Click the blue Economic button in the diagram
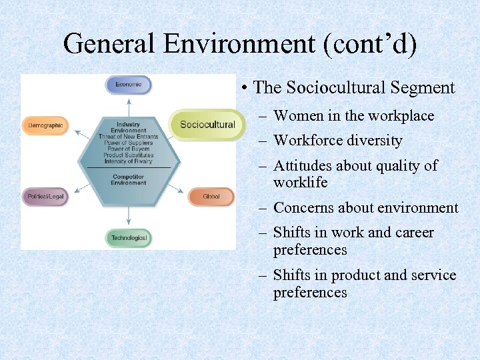click(x=129, y=85)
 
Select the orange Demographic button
click(x=46, y=125)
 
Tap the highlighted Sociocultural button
click(x=207, y=124)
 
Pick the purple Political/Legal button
click(x=46, y=197)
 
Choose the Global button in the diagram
click(x=211, y=197)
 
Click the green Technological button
click(x=129, y=238)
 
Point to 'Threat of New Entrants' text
click(x=128, y=137)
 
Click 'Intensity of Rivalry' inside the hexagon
click(x=128, y=161)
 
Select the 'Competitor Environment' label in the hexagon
click(x=128, y=179)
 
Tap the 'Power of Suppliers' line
click(x=128, y=143)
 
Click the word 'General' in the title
click(x=109, y=44)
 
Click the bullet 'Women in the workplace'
click(x=353, y=116)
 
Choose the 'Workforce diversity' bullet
click(x=338, y=141)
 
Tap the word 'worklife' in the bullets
click(x=300, y=183)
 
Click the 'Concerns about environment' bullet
click(x=365, y=208)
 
